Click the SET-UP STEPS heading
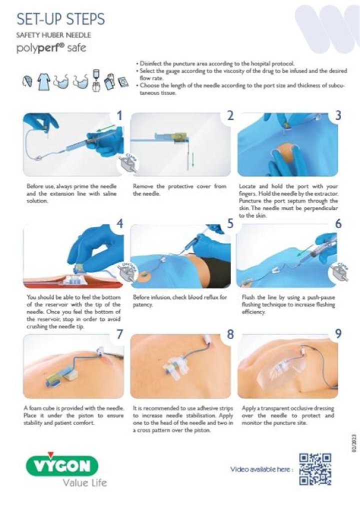[60, 19]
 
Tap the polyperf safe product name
[51, 48]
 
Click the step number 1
[119, 115]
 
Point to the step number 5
[230, 224]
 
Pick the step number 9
[338, 334]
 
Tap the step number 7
[119, 334]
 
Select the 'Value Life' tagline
[84, 483]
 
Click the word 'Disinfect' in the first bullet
[151, 64]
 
